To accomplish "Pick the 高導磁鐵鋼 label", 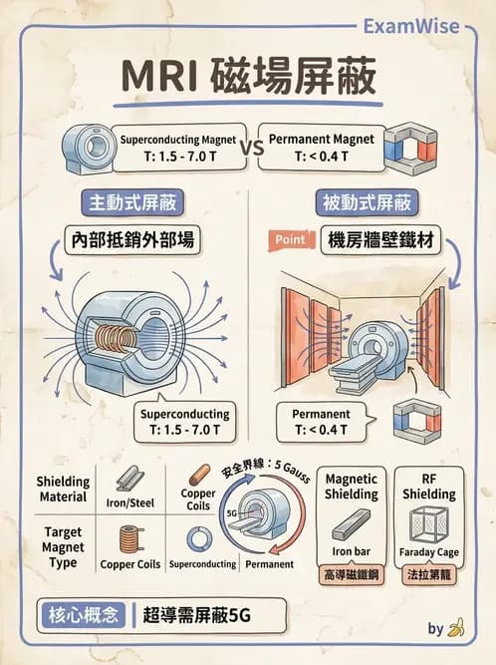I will (352, 575).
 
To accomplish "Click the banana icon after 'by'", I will (457, 627).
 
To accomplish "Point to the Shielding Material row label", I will (63, 488).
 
